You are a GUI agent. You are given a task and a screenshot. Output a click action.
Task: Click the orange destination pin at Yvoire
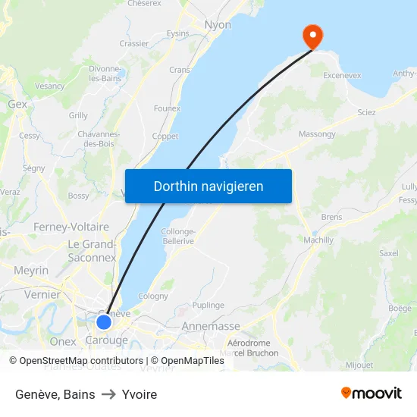click(312, 36)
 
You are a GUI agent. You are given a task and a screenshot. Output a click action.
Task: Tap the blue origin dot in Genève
click(104, 322)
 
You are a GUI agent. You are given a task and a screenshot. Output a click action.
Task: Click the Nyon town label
click(218, 24)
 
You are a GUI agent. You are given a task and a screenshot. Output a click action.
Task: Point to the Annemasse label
click(211, 326)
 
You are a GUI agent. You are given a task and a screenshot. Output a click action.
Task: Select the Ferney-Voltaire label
click(71, 227)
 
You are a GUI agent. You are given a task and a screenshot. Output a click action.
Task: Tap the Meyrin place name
click(31, 271)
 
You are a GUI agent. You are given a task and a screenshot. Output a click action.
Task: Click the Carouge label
click(106, 340)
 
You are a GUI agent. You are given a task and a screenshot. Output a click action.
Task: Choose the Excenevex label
click(342, 76)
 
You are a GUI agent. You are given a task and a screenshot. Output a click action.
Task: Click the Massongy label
click(317, 134)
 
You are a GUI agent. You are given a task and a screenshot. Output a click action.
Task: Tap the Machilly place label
click(318, 240)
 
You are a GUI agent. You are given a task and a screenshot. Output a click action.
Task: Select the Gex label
click(17, 104)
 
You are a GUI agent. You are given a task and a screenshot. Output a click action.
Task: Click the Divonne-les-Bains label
click(105, 73)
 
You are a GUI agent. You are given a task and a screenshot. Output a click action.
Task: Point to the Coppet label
click(165, 136)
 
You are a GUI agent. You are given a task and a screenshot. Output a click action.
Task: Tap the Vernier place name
click(42, 294)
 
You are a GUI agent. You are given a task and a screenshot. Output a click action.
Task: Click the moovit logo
click(372, 393)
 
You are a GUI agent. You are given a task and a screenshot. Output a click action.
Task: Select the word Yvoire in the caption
click(140, 394)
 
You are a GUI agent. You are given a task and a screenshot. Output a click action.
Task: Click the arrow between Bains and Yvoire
click(108, 394)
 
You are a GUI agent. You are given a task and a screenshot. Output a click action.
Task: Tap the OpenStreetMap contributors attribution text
click(81, 361)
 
